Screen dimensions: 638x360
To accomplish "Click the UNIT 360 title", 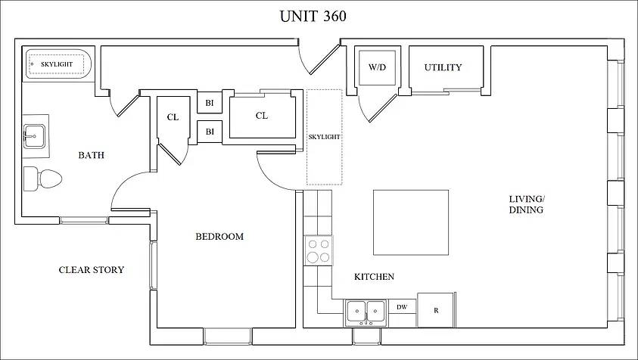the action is click(x=313, y=17).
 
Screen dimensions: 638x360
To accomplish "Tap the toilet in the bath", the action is click(x=42, y=178).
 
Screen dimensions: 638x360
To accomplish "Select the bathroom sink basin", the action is click(x=34, y=136).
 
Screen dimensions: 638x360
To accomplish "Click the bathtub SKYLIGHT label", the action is click(x=57, y=64).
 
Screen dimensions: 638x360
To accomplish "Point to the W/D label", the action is click(x=377, y=67).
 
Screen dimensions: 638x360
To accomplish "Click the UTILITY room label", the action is click(x=443, y=67).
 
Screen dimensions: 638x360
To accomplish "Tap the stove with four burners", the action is click(x=318, y=250).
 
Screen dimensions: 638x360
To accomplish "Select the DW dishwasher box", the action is click(x=402, y=307).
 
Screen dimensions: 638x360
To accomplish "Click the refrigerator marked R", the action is click(x=436, y=310).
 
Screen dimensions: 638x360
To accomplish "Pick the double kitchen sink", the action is click(x=366, y=313).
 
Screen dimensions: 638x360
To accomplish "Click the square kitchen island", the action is click(x=411, y=222).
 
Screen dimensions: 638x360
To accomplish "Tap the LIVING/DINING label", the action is click(x=527, y=205).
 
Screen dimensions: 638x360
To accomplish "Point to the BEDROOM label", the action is click(x=219, y=236).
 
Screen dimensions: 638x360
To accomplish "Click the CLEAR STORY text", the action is click(x=92, y=270).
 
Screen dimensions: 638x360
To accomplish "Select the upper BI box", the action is click(x=210, y=103).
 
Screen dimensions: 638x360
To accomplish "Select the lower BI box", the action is click(x=210, y=132).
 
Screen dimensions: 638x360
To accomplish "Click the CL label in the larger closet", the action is click(x=262, y=116).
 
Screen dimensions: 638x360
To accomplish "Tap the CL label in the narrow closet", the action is click(x=173, y=117).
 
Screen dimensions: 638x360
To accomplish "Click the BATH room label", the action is click(x=91, y=155).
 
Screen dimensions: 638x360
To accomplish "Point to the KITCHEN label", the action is click(x=374, y=277).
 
